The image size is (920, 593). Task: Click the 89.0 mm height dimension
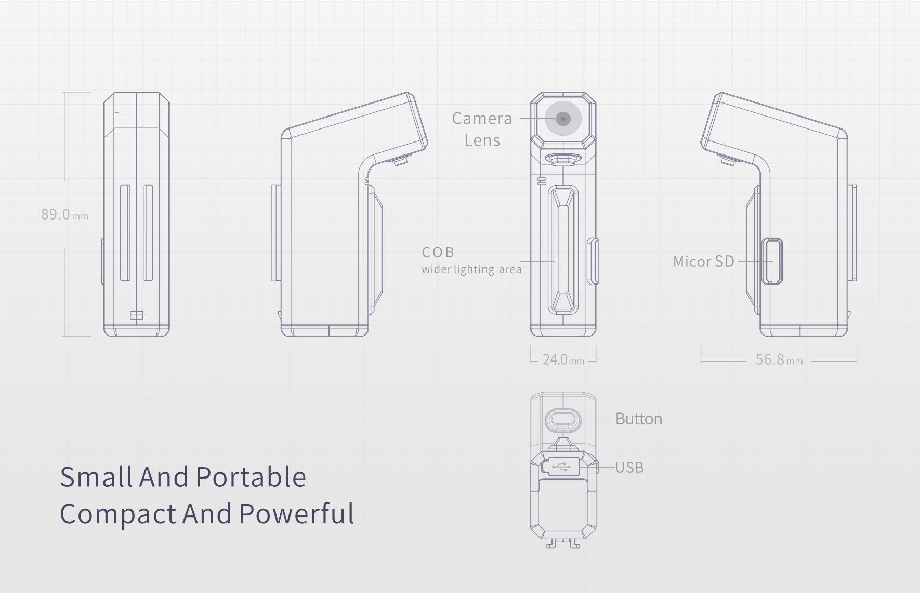pos(64,214)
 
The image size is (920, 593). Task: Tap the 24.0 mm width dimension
pos(563,359)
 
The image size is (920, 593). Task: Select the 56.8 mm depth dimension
pos(778,359)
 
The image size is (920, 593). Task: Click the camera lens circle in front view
pos(563,119)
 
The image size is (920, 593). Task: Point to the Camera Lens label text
pos(482,129)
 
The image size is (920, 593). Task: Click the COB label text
pos(438,252)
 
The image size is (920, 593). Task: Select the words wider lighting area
pos(471,269)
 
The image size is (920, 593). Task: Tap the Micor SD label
pos(703,261)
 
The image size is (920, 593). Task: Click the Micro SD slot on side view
pos(772,262)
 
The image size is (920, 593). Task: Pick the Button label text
pos(638,419)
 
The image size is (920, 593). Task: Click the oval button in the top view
pos(562,419)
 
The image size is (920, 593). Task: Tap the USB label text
pos(629,468)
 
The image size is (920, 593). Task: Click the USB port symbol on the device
pos(561,467)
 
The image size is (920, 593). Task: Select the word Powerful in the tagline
pos(297,513)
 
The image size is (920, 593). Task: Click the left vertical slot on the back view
pos(125,233)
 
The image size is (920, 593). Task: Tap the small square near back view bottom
pos(136,315)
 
